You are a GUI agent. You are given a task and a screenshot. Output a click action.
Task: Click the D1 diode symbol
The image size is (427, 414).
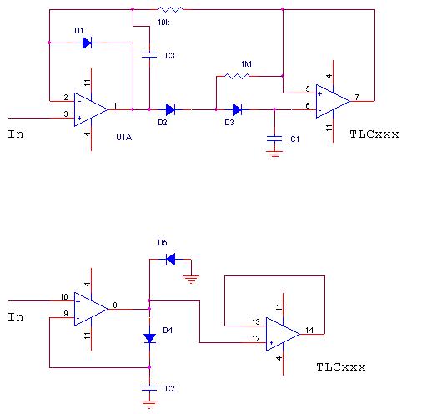pos(87,43)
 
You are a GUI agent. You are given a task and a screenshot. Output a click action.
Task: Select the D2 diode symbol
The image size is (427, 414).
pos(170,109)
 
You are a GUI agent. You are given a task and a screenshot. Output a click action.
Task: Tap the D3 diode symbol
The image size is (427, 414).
pos(237,109)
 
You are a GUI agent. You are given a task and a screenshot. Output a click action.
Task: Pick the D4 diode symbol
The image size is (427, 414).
pos(149,339)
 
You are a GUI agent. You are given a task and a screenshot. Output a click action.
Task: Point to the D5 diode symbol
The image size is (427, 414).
pos(170,260)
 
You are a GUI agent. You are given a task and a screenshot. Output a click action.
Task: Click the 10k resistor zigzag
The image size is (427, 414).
pos(170,10)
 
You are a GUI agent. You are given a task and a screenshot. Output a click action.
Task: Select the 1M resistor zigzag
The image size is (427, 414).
pos(237,76)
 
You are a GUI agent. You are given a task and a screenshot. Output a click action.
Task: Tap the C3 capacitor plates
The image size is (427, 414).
pos(149,55)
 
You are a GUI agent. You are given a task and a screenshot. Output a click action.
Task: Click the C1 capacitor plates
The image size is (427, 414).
pos(274,139)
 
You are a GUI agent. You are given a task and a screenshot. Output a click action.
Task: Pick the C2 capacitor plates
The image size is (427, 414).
pos(149,388)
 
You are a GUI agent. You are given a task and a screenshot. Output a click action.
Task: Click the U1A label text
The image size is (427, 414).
pos(124,138)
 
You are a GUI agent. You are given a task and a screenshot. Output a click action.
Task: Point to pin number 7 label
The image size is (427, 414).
pos(357,97)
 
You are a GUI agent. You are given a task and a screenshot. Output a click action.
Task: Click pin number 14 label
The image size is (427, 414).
pos(309,330)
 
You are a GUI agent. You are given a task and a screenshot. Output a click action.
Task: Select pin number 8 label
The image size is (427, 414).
pos(115,305)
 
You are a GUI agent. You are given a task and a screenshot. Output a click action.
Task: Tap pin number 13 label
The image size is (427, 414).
pos(256,322)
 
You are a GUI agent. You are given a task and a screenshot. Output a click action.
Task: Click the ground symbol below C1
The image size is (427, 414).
pos(274,154)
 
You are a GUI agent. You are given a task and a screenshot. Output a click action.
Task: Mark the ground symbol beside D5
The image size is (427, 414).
pos(191,279)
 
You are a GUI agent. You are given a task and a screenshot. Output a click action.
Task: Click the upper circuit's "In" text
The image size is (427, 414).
pos(16,134)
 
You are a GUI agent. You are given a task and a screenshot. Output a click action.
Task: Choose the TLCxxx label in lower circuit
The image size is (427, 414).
pos(341,367)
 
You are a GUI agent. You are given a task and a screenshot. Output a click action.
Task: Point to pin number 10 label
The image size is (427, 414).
pos(64,297)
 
